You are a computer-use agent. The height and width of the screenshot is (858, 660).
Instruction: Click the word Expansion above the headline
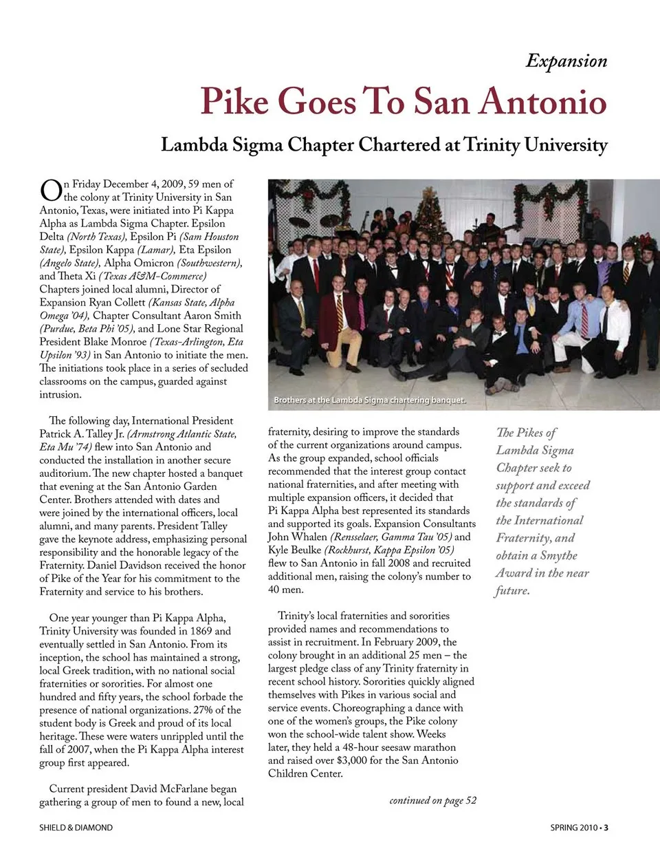(566, 61)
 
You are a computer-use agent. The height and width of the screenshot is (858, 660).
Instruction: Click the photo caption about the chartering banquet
(369, 400)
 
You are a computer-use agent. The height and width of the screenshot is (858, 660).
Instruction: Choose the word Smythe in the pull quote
(559, 555)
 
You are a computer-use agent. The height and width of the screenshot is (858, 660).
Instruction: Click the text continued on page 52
(432, 800)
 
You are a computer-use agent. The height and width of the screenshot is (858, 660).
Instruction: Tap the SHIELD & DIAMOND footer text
(76, 828)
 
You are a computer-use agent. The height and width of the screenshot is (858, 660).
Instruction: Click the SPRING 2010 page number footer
(578, 828)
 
